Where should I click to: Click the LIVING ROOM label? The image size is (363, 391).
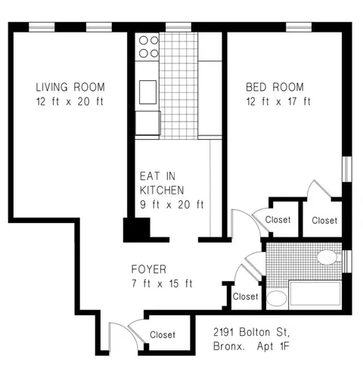coord(70,87)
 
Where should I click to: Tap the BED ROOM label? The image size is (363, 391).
coord(278,87)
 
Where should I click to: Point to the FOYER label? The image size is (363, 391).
coord(149,269)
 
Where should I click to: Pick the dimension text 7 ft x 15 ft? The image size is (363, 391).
coord(162,284)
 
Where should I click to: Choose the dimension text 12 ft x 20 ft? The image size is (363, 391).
coord(70,101)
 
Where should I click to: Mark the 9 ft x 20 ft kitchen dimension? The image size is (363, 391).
coord(172,205)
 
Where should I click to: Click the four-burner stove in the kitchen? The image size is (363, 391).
coord(148,46)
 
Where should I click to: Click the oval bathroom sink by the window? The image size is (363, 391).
coord(327,258)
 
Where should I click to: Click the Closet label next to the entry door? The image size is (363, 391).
coord(163,335)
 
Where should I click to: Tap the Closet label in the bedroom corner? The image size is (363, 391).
coord(324,220)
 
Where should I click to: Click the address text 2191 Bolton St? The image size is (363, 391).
coord(251,333)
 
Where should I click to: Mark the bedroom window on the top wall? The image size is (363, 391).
coord(298,28)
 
